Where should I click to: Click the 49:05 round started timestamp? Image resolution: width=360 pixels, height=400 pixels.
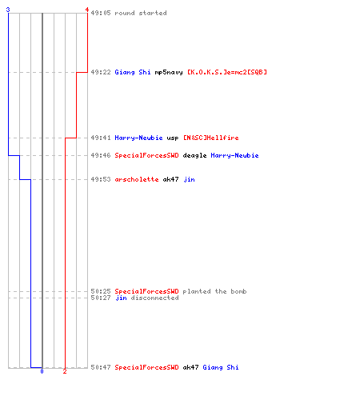pyautogui.click(x=101, y=13)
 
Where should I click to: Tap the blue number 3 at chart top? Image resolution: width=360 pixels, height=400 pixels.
pyautogui.click(x=8, y=10)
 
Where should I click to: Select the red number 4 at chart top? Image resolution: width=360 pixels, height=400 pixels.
pyautogui.click(x=87, y=10)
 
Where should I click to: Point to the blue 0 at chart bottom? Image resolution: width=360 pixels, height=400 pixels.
pyautogui.click(x=42, y=371)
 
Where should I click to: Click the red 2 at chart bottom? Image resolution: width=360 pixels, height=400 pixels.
pyautogui.click(x=65, y=371)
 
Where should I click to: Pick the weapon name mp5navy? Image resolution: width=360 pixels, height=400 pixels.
pyautogui.click(x=169, y=72)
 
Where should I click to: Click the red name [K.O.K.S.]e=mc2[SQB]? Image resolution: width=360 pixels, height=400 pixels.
pyautogui.click(x=227, y=72)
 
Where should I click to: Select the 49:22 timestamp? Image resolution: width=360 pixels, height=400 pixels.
pyautogui.click(x=101, y=72)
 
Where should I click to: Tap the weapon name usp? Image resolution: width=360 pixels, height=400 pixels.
pyautogui.click(x=173, y=138)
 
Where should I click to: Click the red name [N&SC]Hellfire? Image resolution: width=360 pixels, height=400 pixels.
pyautogui.click(x=211, y=138)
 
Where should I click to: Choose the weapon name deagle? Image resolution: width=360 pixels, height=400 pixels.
pyautogui.click(x=194, y=155)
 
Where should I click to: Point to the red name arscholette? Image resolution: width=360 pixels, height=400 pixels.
pyautogui.click(x=137, y=179)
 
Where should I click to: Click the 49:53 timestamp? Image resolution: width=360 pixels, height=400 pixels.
pyautogui.click(x=101, y=179)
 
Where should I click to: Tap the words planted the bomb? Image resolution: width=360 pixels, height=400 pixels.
pyautogui.click(x=214, y=291)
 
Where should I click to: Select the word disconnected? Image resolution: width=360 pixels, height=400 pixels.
pyautogui.click(x=154, y=298)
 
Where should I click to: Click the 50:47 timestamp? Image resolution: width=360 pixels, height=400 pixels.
pyautogui.click(x=101, y=367)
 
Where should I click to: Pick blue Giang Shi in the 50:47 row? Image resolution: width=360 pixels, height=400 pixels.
pyautogui.click(x=221, y=367)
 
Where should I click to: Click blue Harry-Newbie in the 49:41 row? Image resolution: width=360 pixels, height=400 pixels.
pyautogui.click(x=138, y=138)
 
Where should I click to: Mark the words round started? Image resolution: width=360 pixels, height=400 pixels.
pyautogui.click(x=141, y=13)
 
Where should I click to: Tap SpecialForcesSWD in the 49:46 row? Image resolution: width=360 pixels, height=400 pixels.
pyautogui.click(x=146, y=155)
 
